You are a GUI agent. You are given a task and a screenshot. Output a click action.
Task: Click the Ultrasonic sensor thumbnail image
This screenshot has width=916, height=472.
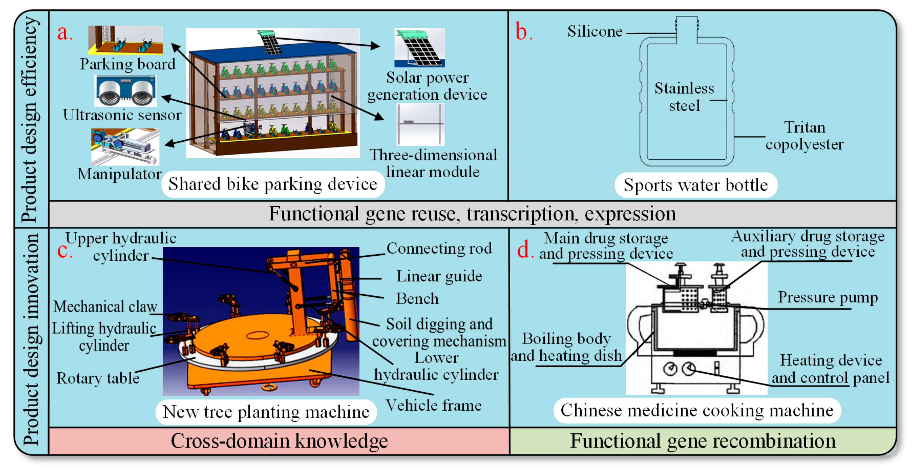(x=125, y=91)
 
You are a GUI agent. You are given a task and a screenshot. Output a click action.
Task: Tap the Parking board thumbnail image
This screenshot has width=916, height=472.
(x=125, y=40)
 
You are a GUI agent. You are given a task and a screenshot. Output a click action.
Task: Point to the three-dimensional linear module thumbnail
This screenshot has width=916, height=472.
(x=420, y=124)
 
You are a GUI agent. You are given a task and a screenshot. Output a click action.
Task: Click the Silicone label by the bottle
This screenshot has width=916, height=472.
(x=594, y=31)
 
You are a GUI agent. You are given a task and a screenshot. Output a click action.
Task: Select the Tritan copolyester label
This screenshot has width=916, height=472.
(x=804, y=136)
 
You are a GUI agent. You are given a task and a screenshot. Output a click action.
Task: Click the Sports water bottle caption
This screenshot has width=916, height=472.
(x=695, y=185)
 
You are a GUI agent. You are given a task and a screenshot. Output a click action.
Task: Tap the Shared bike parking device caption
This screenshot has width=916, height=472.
(x=273, y=184)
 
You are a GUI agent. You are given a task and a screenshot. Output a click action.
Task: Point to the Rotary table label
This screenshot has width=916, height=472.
(x=98, y=378)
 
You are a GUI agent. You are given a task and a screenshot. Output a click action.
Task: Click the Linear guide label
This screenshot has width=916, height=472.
(x=439, y=276)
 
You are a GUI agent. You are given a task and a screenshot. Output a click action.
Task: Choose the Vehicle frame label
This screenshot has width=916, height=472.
(x=434, y=405)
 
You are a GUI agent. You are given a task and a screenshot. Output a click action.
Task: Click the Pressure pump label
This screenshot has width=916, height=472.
(x=827, y=297)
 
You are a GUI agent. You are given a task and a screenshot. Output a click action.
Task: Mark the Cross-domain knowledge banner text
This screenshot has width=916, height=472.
(x=279, y=441)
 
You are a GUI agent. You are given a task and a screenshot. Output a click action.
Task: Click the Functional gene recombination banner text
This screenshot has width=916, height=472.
(x=703, y=441)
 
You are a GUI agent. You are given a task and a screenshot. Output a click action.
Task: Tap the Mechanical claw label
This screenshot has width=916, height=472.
(x=105, y=306)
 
